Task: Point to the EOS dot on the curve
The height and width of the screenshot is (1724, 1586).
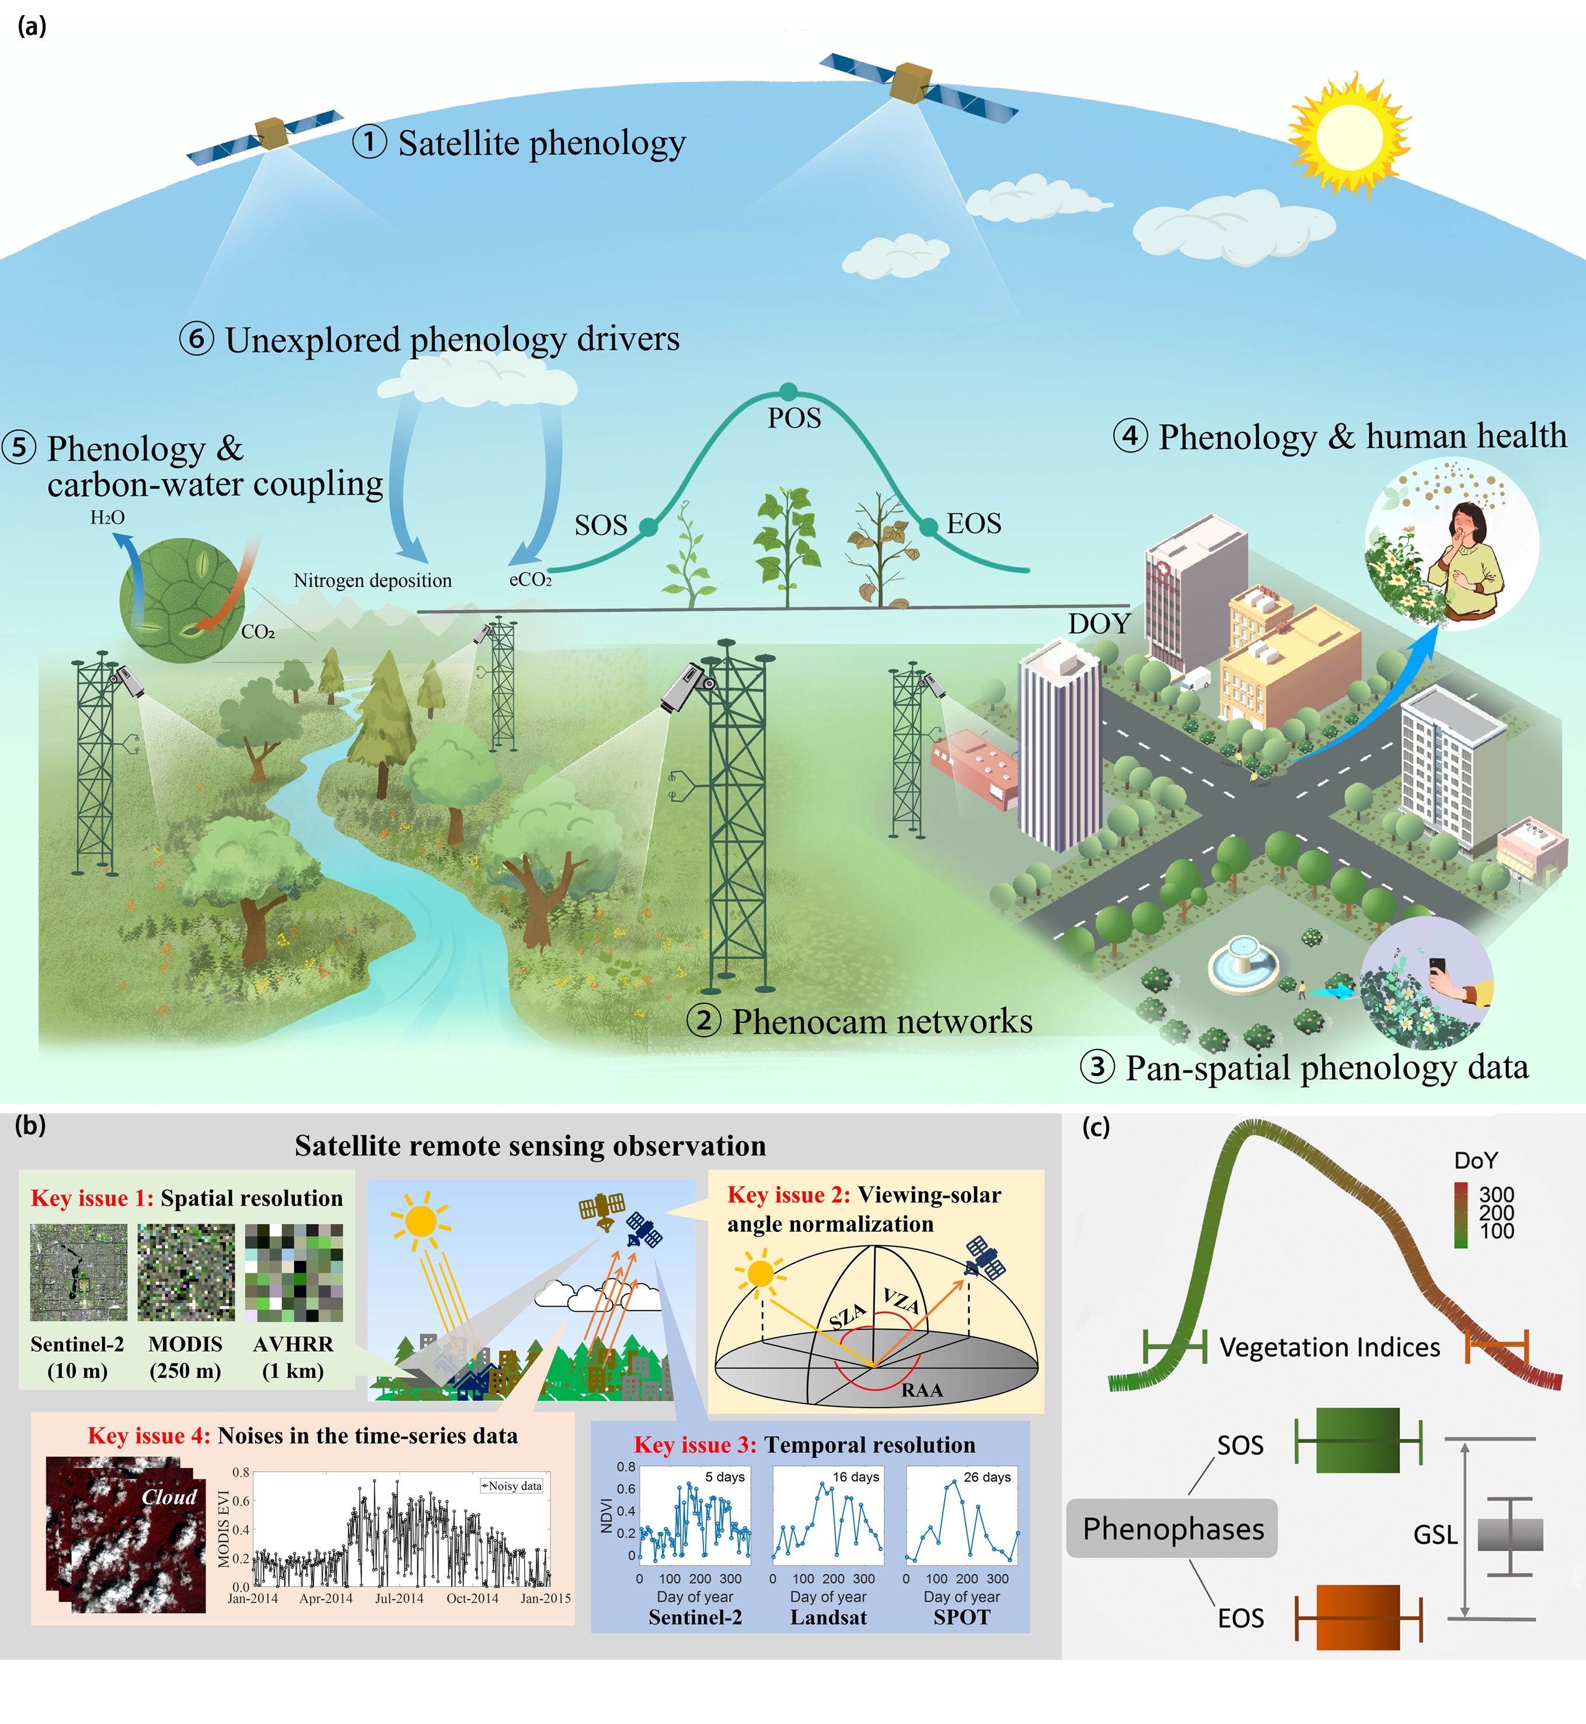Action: click(929, 526)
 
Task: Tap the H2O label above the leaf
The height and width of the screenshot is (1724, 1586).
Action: click(107, 517)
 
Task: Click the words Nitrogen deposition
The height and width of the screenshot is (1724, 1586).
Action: click(372, 580)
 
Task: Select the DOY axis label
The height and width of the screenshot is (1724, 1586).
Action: click(1099, 624)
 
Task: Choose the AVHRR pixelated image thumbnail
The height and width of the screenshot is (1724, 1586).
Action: click(294, 1273)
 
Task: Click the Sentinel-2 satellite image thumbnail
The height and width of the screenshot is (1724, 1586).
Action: click(78, 1273)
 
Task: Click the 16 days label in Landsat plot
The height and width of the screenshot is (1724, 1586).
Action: click(856, 1477)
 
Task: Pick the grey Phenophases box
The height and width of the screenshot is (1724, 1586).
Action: click(1172, 1528)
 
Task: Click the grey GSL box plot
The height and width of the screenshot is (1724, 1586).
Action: click(1510, 1534)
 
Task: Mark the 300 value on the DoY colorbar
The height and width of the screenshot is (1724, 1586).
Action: click(1497, 1194)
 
